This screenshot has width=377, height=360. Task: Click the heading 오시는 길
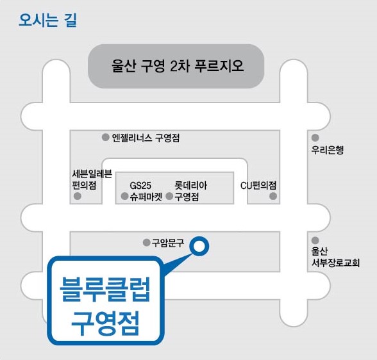coord(47,20)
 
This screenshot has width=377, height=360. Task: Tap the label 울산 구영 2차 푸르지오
coord(178,66)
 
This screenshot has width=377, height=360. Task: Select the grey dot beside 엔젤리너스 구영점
coord(105,137)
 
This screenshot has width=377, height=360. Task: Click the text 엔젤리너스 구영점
coord(146,138)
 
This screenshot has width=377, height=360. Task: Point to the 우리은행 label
coord(328,150)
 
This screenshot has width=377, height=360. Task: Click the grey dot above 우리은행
coord(315,138)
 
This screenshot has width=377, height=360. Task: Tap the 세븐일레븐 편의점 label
coord(92,179)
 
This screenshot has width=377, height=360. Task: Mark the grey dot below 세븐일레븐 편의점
coord(77,196)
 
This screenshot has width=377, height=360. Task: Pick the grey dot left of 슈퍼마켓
coord(124,196)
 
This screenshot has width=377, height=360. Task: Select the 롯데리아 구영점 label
coord(190,191)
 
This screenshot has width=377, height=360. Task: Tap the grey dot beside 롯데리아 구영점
coord(169,196)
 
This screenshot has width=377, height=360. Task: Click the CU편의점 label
coord(258,185)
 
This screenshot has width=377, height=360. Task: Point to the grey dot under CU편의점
coord(273,196)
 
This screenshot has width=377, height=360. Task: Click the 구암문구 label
coord(168,243)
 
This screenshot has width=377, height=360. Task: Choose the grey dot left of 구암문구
coord(146,243)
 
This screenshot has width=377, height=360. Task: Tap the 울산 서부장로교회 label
coord(335,257)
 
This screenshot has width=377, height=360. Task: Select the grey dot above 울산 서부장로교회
coord(315,240)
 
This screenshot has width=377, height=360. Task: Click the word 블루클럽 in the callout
coord(105,289)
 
